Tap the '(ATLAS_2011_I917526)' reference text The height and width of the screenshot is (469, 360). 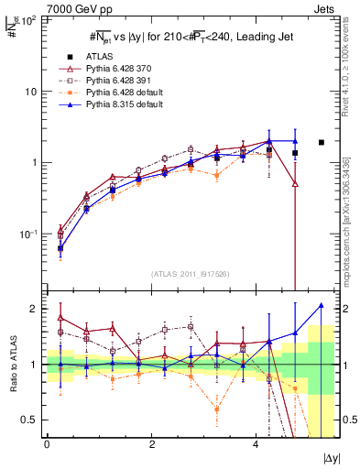coord(190,274)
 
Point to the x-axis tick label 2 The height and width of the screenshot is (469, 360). coord(152,443)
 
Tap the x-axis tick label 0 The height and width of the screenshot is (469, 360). coord(47,443)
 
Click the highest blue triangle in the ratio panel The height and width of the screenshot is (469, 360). coord(321,305)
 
